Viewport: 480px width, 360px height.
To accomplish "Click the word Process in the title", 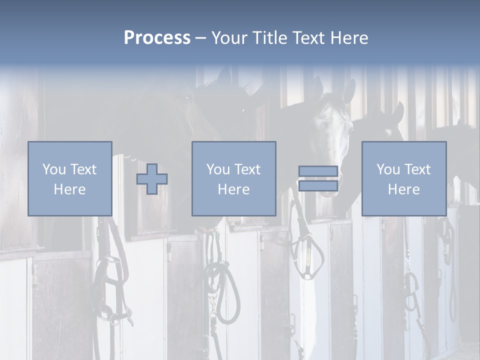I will click(157, 38).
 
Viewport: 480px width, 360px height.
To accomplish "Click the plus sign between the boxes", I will click(152, 179).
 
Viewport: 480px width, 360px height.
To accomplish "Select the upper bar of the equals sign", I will click(318, 171).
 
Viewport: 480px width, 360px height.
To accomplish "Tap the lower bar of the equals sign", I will click(318, 186).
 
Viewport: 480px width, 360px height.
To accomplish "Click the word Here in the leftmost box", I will click(69, 189).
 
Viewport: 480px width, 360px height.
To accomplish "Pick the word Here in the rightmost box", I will click(403, 189).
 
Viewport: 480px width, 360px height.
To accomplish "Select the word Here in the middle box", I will click(233, 189).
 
